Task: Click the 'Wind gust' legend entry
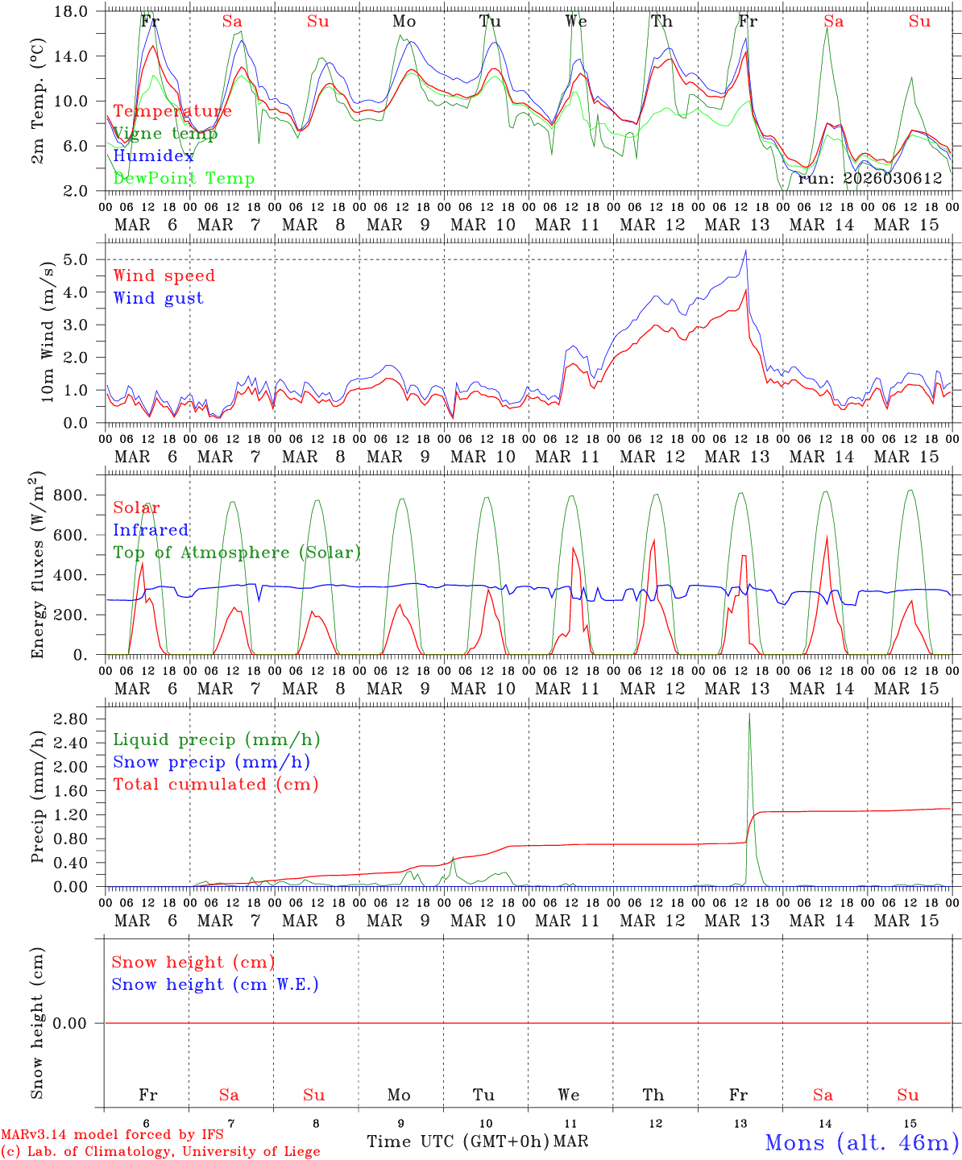(x=158, y=298)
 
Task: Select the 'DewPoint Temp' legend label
(x=184, y=178)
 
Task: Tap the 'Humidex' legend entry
(x=153, y=155)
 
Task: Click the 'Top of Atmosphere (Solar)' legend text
(x=237, y=553)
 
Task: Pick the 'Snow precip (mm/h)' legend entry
(x=211, y=762)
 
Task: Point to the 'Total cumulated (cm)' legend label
(x=215, y=785)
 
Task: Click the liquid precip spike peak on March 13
(x=749, y=714)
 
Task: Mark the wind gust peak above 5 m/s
(x=746, y=251)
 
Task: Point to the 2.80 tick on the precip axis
(x=73, y=719)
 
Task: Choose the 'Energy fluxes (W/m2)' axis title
(x=37, y=566)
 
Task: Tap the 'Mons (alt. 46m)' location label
(x=861, y=1142)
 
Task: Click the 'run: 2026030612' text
(x=869, y=178)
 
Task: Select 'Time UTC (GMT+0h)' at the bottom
(x=458, y=1141)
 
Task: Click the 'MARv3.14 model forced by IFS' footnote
(x=111, y=1134)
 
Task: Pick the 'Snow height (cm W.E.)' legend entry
(x=214, y=984)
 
